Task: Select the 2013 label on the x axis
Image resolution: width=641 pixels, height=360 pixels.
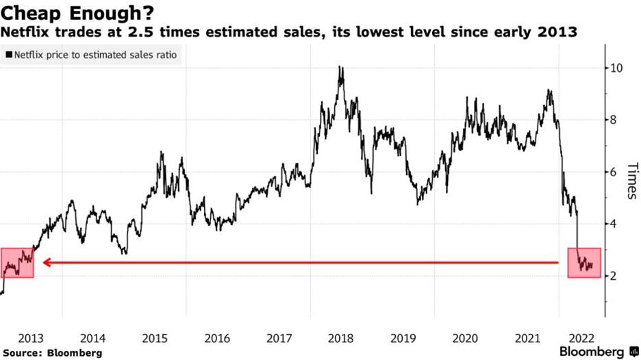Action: click(x=31, y=338)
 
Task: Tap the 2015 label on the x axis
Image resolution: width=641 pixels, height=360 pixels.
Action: click(x=155, y=338)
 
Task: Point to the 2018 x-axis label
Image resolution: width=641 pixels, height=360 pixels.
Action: click(x=341, y=338)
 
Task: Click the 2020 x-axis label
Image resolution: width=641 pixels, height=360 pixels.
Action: click(x=466, y=338)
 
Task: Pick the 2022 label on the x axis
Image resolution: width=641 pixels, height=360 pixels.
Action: click(x=589, y=338)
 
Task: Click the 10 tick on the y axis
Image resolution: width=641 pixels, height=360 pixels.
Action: click(x=616, y=68)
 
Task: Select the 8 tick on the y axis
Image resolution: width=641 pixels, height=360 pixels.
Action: click(x=614, y=120)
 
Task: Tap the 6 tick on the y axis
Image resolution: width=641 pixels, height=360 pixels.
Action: click(x=614, y=172)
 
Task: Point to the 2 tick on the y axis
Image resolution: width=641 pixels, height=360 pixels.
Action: click(x=614, y=276)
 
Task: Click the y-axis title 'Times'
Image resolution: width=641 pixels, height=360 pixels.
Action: click(x=632, y=181)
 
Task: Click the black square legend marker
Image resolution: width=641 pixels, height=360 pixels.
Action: click(x=9, y=53)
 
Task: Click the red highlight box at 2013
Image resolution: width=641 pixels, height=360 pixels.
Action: click(x=17, y=263)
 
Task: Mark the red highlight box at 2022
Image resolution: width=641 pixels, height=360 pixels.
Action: click(x=584, y=263)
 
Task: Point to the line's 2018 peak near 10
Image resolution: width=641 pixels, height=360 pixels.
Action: click(x=340, y=67)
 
